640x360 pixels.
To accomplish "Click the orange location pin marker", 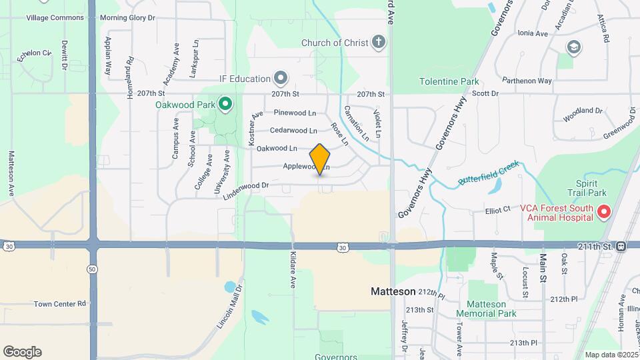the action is tap(320, 159).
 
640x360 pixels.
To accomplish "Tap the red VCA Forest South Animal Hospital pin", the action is tap(604, 213).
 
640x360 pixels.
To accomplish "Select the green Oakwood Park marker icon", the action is tap(225, 104).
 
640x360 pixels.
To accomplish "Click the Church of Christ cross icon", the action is tap(378, 43).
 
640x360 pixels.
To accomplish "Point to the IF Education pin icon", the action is tap(281, 79).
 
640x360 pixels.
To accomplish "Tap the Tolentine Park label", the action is tap(449, 82).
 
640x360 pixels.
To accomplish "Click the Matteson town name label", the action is tap(393, 291).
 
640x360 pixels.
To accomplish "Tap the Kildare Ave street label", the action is tap(293, 270).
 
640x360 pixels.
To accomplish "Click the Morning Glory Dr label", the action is tap(127, 17).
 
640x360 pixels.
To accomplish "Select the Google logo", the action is tap(22, 351).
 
